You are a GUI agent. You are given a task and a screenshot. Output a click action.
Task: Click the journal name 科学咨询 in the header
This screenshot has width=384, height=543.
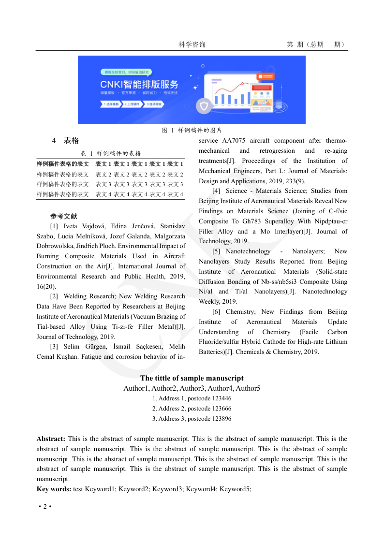tap(192, 44)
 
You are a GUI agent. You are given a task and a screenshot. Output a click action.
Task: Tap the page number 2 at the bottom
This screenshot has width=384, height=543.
tap(45, 506)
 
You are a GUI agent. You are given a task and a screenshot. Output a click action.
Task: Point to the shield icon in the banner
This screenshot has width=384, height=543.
tap(205, 106)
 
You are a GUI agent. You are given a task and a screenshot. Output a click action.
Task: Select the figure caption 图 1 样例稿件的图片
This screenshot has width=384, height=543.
tap(192, 130)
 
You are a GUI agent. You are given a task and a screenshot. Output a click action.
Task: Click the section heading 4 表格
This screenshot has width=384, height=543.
tap(65, 141)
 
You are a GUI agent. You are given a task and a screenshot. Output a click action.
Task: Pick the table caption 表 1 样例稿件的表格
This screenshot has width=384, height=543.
tap(111, 153)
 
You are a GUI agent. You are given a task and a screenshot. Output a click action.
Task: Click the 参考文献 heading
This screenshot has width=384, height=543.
tap(63, 216)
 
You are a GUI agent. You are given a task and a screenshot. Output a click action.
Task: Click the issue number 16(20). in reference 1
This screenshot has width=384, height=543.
tap(46, 286)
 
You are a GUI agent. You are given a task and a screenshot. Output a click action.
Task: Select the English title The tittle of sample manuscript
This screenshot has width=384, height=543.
tap(192, 378)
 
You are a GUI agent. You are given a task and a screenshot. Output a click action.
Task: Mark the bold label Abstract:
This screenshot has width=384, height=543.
tap(51, 439)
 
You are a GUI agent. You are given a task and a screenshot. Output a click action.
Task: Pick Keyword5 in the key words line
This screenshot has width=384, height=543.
tap(235, 489)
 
